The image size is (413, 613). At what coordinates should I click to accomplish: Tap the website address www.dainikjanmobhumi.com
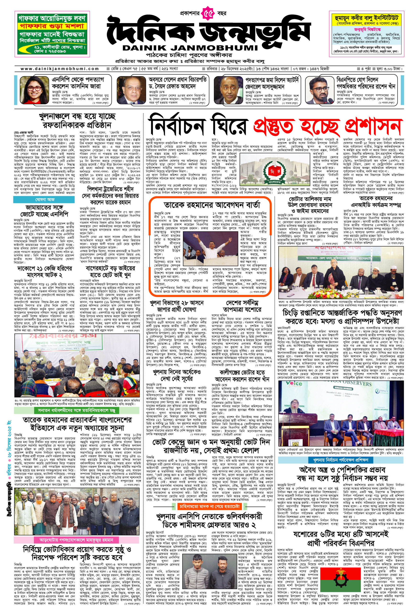point(60,69)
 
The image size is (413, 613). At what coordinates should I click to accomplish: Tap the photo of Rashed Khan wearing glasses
point(319,91)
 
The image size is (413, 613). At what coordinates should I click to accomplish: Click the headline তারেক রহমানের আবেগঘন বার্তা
point(212,204)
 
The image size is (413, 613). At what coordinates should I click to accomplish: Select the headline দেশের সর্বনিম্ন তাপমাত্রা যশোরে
point(242,306)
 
